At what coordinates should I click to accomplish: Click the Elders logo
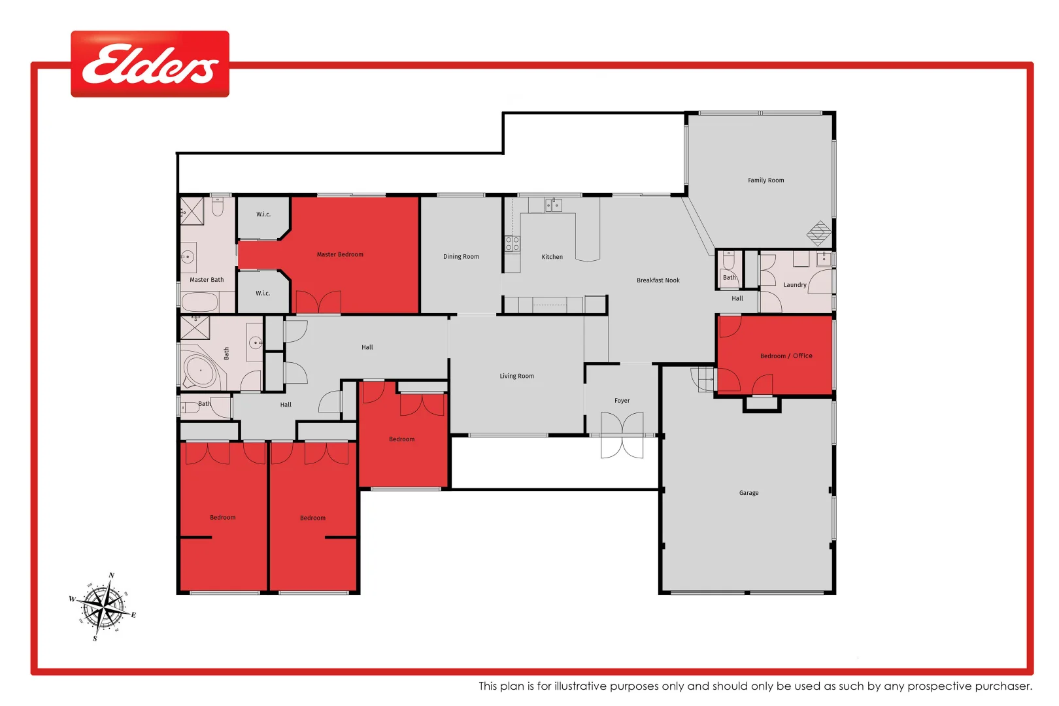tap(150, 64)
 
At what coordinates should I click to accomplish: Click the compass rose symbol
tap(103, 607)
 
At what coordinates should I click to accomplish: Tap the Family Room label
tap(765, 180)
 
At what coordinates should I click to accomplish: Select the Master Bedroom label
tap(340, 254)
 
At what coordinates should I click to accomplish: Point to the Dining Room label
tap(461, 257)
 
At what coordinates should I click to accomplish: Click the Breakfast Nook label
tap(658, 280)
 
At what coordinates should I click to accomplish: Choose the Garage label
tap(748, 493)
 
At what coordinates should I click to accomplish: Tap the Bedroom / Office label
tap(786, 356)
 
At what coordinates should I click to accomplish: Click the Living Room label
tap(516, 376)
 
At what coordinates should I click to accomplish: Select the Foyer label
tap(622, 401)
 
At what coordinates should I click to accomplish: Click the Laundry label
tap(794, 285)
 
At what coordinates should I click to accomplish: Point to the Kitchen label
tap(552, 257)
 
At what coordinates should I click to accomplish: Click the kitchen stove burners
tap(513, 244)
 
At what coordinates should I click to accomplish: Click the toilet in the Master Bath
tap(218, 207)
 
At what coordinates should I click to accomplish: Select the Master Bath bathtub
tap(199, 302)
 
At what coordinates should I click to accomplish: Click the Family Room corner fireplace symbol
tap(818, 233)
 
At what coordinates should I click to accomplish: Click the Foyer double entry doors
tap(622, 435)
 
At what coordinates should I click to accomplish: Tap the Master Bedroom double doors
tap(318, 303)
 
